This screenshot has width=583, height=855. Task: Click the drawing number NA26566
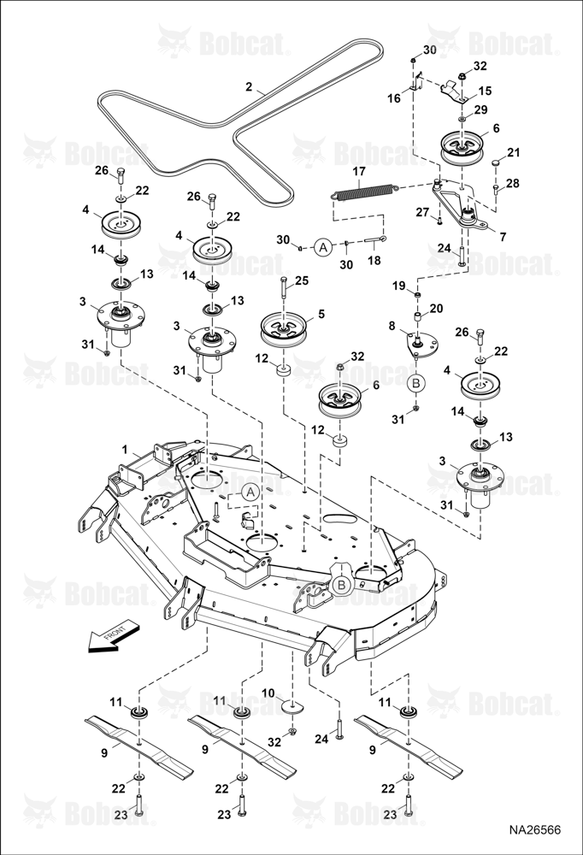pos(535,830)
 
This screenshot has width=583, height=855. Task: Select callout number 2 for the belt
pos(248,86)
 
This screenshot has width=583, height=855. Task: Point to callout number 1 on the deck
pos(125,450)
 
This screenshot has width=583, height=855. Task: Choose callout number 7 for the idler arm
pos(503,237)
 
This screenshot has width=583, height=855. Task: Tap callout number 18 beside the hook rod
pos(374,260)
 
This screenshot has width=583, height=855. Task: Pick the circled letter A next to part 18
pos(323,248)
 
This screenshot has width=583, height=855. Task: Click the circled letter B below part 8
pos(416,383)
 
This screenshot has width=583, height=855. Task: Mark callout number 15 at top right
pos(485,91)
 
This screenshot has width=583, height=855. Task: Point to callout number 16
pos(394,98)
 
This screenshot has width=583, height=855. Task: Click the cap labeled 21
pos(495,162)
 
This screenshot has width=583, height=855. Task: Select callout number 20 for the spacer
pos(436,309)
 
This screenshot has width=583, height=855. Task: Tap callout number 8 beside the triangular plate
pos(392,326)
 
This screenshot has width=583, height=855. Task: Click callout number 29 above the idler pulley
pos(480,110)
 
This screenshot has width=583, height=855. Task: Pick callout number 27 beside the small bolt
pos(422,212)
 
